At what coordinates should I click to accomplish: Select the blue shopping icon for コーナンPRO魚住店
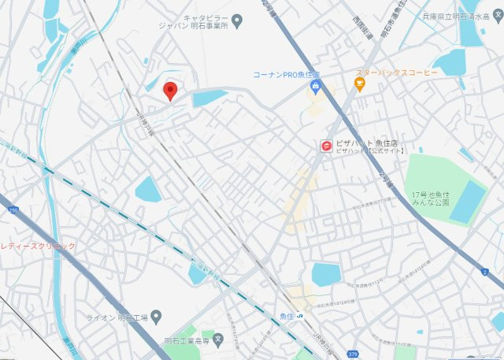point(316,86)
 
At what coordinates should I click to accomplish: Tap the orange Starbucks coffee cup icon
point(360,84)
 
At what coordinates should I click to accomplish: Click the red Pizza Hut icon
point(325,145)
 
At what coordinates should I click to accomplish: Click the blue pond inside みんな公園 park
point(469,200)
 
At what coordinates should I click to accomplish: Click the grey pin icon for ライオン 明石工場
point(156,317)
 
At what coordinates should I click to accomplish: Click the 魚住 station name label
point(285,317)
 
